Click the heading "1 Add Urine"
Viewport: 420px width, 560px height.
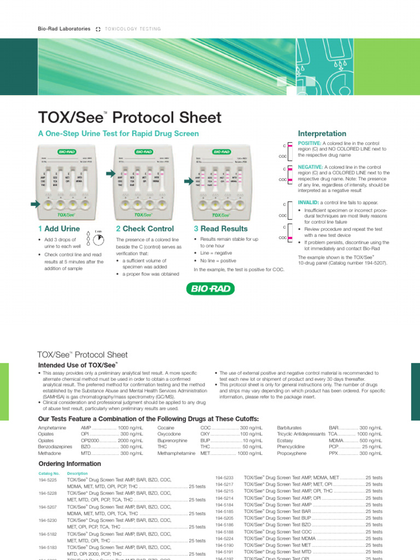[59, 229]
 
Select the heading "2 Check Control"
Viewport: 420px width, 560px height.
[145, 229]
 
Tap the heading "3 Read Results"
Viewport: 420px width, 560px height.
[220, 229]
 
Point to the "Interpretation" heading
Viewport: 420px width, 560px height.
[322, 133]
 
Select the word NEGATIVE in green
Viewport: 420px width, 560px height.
[310, 167]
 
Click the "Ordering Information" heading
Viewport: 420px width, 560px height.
[69, 464]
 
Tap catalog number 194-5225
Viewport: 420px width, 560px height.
[48, 480]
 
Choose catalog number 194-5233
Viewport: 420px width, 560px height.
[225, 477]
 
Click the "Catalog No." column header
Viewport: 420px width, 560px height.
[48, 473]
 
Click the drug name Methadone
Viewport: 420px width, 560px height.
[50, 453]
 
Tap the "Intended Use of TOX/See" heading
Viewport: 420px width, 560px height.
[77, 365]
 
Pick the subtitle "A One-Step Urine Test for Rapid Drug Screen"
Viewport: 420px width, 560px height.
[118, 133]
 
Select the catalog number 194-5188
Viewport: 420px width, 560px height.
[225, 532]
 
